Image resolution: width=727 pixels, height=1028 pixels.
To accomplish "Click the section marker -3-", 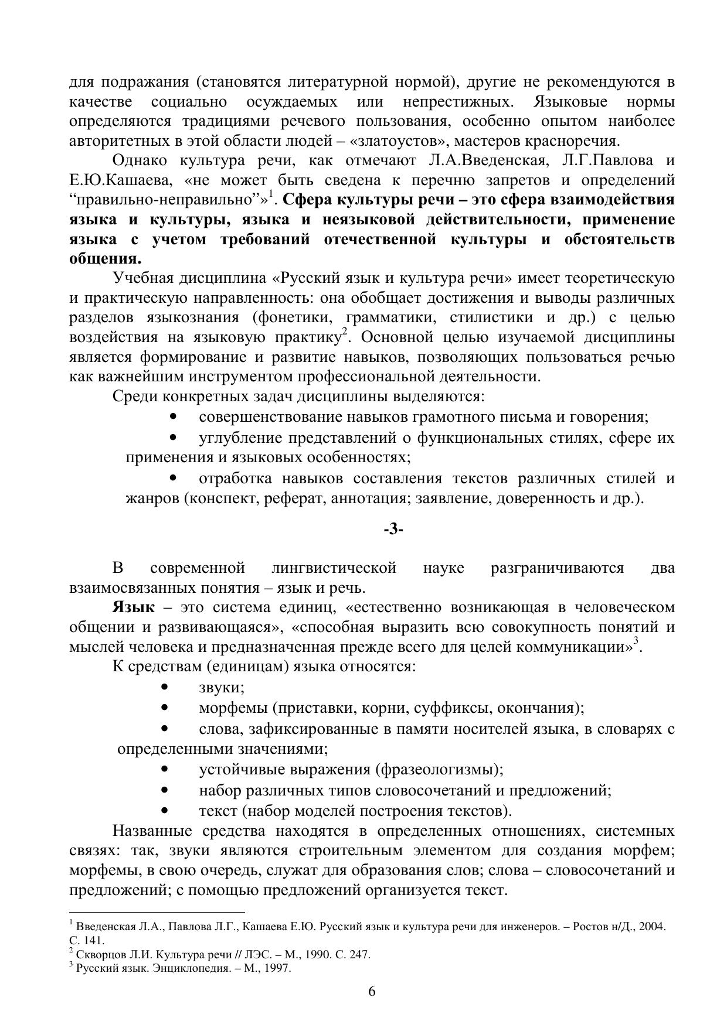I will click(393, 530).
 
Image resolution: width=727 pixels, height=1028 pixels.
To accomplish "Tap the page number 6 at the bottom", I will click(371, 991).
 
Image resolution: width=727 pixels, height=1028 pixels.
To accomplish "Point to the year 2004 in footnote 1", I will click(652, 927).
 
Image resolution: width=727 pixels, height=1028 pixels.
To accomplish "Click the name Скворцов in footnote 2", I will click(97, 954).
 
